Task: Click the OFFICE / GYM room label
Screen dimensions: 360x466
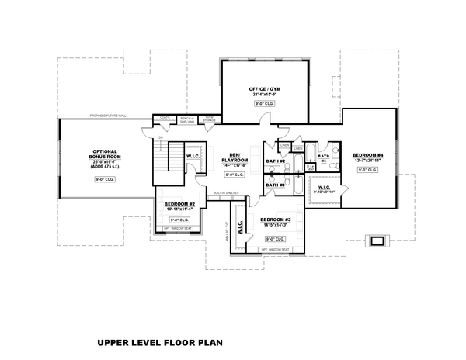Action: [x=265, y=90]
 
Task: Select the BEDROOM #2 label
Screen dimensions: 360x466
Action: [x=179, y=205]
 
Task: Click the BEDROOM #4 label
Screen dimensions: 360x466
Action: [x=367, y=155]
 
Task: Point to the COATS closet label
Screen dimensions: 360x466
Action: [x=165, y=118]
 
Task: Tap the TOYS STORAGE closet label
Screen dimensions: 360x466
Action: [x=210, y=119]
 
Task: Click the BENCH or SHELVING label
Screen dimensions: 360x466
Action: [x=186, y=119]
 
